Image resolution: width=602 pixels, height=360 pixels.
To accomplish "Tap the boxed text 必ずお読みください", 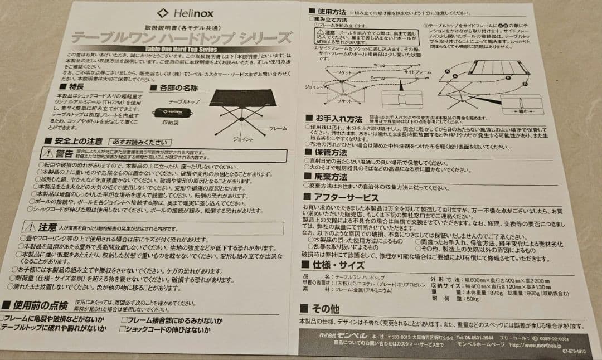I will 137,142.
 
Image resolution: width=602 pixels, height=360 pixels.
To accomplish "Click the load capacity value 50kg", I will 466,299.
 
